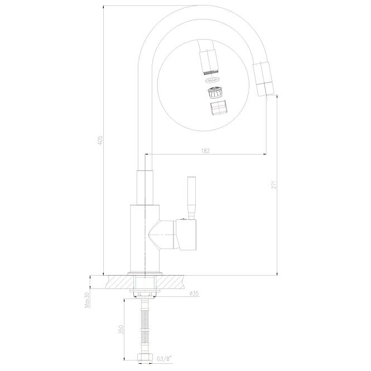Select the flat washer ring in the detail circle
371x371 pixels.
pyautogui.click(x=213, y=80)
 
